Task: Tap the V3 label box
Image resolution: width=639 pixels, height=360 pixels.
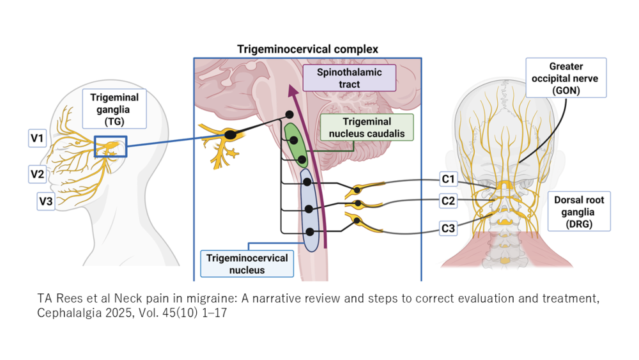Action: click(x=45, y=202)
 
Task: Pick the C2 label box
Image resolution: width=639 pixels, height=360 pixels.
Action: click(x=448, y=202)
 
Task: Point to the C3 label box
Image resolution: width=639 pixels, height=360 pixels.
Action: click(x=448, y=227)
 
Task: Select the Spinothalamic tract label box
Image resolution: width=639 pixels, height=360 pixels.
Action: click(x=350, y=79)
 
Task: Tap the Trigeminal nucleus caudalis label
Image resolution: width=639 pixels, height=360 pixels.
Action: click(x=367, y=127)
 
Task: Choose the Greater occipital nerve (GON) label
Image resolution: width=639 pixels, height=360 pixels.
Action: click(x=566, y=78)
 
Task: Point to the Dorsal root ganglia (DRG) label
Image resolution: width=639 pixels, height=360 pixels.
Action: click(x=578, y=211)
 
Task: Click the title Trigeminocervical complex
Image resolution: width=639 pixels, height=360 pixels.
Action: click(x=307, y=49)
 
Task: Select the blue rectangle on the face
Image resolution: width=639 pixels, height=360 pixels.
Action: click(x=110, y=146)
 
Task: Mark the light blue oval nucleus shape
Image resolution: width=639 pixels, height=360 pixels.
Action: click(x=309, y=210)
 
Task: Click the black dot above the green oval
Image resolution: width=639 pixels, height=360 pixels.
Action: click(x=289, y=115)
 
